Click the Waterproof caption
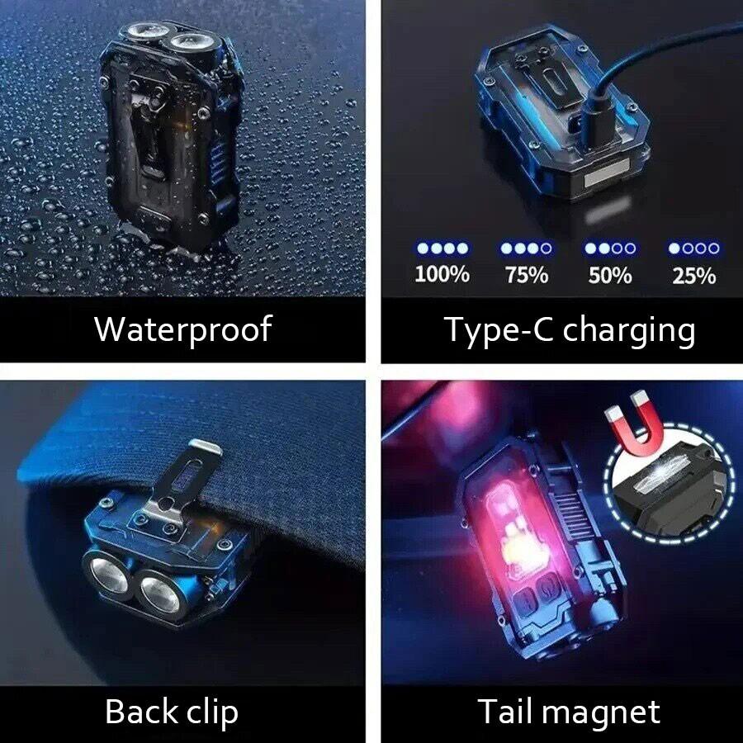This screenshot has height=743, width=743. click(182, 329)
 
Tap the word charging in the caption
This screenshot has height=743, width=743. click(629, 330)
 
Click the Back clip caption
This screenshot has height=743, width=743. click(172, 711)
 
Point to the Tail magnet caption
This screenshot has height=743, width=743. click(569, 711)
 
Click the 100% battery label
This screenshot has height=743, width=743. click(442, 274)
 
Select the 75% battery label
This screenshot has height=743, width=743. click(527, 274)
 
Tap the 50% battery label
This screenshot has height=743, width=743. click(610, 274)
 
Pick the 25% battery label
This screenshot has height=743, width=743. click(694, 274)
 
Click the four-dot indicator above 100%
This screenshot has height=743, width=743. click(442, 248)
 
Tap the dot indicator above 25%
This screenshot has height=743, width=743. click(694, 248)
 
